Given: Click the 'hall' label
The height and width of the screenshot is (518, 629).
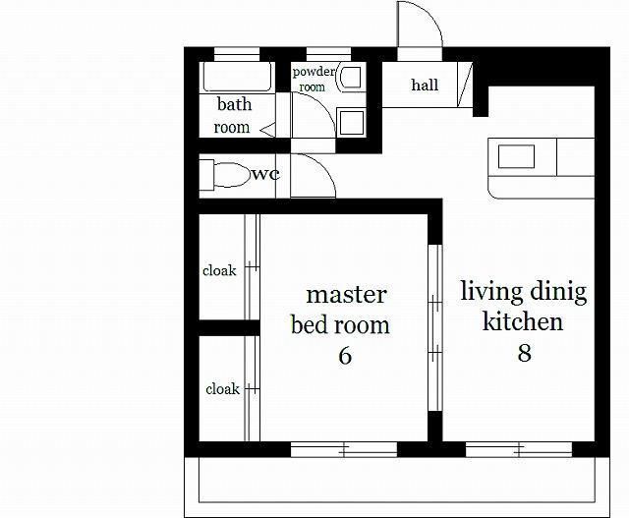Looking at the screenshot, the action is pos(425,85).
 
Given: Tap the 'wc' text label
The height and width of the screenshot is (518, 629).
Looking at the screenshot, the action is pos(265,175).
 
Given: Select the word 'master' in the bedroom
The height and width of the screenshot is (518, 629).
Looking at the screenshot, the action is pos(346,295).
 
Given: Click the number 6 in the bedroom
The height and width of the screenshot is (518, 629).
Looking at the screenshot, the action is pos(345,356).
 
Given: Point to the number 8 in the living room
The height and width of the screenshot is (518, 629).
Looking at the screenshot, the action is pos(524,353).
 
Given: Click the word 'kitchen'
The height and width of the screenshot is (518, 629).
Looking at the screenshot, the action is pos(522,321).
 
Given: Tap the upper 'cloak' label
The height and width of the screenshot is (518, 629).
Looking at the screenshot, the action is pos(219,270).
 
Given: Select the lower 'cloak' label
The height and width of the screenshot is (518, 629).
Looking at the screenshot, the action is pos(223,389).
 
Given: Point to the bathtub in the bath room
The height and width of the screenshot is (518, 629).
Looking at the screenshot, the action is pos(238,77).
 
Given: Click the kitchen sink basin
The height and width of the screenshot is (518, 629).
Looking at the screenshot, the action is pos(516,156).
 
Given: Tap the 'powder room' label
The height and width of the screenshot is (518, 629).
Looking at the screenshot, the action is pos(314,79).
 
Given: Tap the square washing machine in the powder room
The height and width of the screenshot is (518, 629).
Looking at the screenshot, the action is pos(352,123).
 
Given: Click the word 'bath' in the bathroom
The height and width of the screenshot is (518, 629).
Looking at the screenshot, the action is pos(234,104).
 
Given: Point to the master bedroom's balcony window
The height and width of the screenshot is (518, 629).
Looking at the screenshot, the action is pos(344,449).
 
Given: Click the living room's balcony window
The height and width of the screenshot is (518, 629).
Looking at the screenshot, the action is pos(519,449).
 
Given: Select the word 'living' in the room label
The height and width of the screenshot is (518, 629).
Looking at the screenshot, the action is pos(489,292).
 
